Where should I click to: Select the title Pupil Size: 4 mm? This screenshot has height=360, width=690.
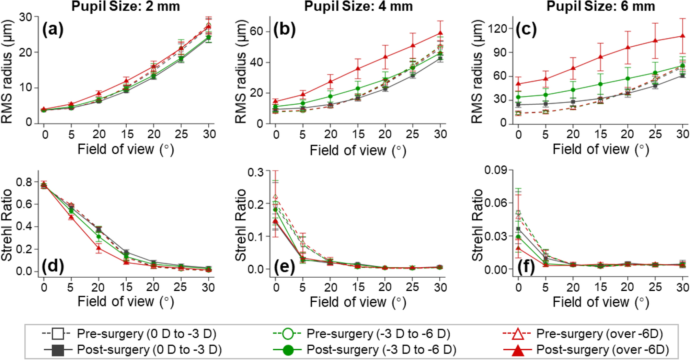point(358,6)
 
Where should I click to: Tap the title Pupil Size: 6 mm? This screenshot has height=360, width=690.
point(600,6)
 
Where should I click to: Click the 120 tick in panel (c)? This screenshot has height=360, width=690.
point(495,28)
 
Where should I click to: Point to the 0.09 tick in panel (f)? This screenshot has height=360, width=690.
point(496,170)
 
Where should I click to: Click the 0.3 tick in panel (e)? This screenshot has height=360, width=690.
point(256,172)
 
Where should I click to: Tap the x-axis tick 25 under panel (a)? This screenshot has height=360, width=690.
point(181,134)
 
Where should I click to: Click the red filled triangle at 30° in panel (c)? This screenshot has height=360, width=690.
point(682,36)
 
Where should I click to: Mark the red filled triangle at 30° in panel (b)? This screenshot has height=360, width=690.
point(440,33)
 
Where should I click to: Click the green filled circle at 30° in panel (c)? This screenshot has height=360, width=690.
point(682,66)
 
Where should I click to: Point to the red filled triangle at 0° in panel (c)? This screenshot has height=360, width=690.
point(518,84)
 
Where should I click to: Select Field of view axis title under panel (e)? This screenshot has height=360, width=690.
point(358,302)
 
